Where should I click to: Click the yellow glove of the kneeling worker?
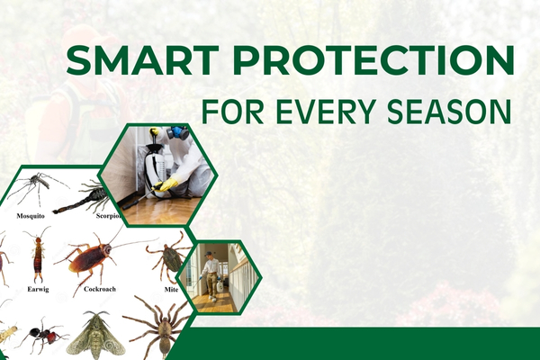pyautogui.click(x=168, y=184)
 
